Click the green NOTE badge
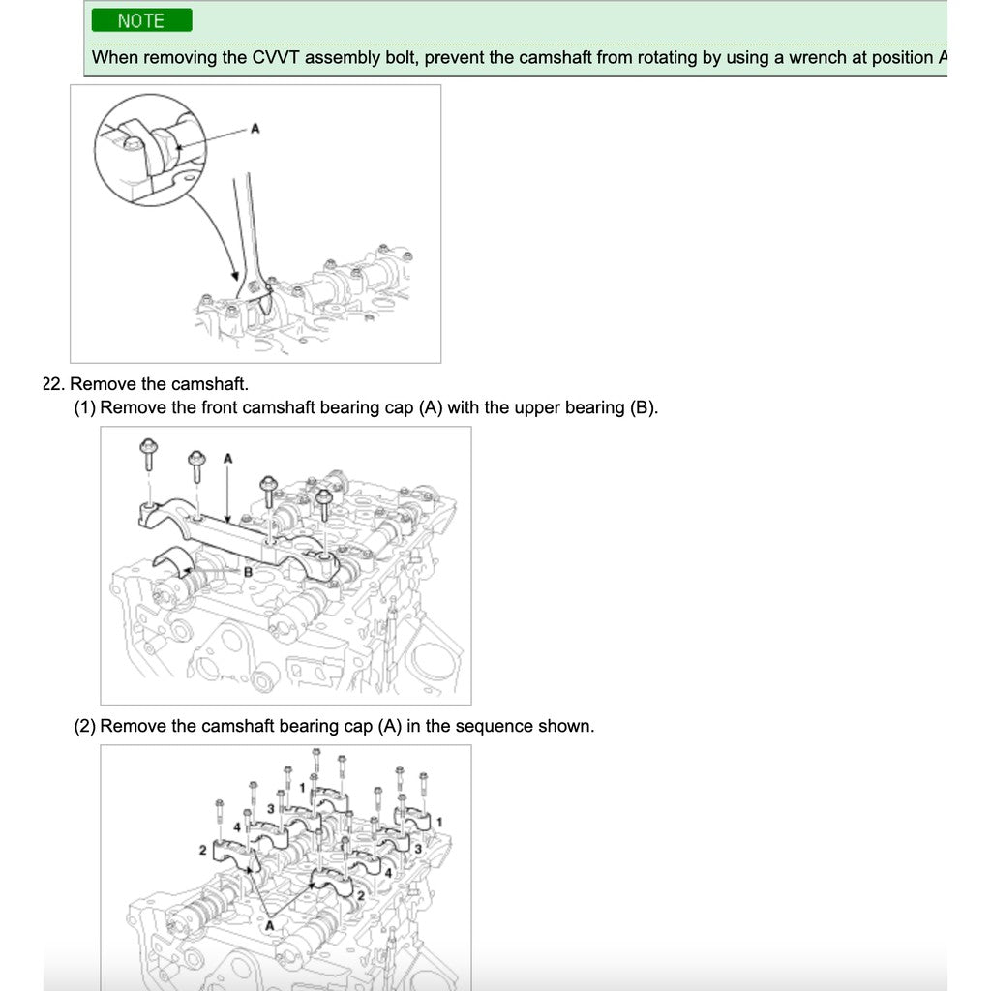click(141, 20)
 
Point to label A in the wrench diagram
click(255, 128)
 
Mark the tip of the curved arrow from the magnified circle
click(237, 280)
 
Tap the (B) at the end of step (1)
click(644, 407)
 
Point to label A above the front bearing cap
click(228, 457)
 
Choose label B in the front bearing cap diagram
click(248, 572)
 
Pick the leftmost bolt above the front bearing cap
click(148, 452)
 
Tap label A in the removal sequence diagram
click(270, 925)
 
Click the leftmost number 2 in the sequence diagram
click(202, 850)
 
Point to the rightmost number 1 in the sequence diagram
click(440, 822)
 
